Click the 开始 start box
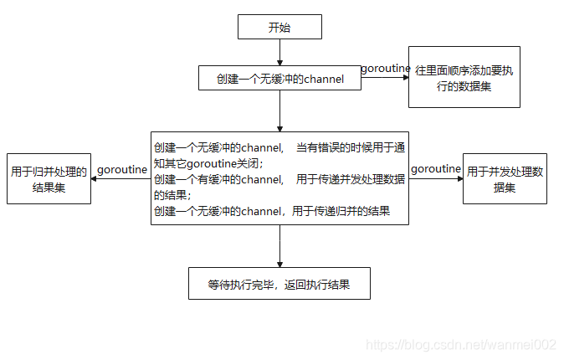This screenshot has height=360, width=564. point(279,27)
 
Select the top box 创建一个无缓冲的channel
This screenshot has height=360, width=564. point(279,79)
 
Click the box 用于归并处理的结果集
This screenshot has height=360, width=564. point(49,179)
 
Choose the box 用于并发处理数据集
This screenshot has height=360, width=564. point(505,179)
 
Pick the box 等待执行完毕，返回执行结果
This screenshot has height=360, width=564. point(279,284)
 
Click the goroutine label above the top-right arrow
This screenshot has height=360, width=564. point(386,68)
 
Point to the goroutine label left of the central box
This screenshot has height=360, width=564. point(123,169)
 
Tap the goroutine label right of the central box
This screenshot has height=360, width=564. point(436,168)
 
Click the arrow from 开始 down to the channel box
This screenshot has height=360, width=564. point(279,52)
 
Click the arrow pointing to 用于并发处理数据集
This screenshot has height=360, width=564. point(436,178)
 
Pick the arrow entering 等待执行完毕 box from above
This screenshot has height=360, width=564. point(279,246)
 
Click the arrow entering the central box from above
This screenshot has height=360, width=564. point(279,111)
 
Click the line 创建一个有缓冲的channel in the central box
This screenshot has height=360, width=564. point(219,179)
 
